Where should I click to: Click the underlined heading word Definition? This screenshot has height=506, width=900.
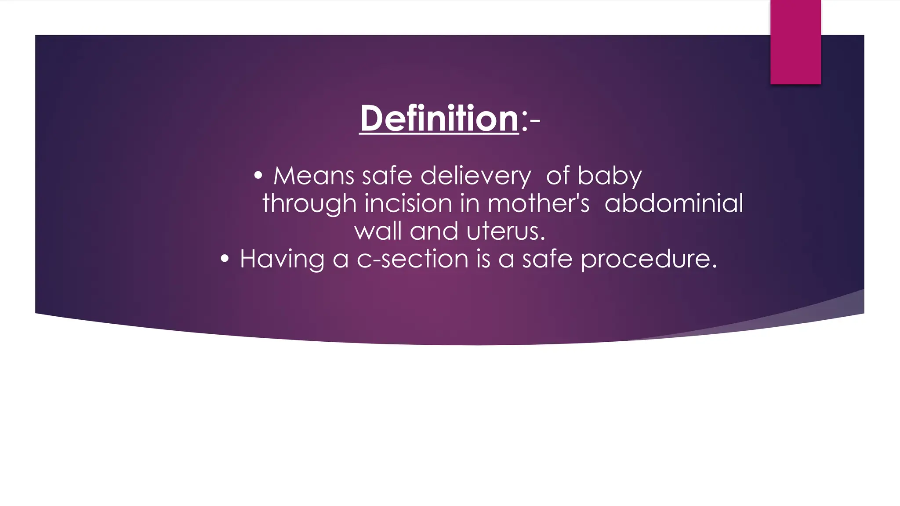click(439, 119)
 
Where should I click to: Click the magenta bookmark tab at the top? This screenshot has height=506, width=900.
click(795, 42)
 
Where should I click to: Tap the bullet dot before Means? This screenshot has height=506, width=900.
click(258, 176)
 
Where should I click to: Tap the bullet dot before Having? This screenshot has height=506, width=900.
click(225, 259)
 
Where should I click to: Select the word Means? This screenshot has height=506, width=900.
click(314, 176)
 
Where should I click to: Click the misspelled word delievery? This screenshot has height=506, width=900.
click(475, 177)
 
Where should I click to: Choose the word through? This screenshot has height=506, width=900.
click(309, 204)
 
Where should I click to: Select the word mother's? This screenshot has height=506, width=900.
click(538, 204)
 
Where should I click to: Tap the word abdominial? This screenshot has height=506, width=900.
click(674, 204)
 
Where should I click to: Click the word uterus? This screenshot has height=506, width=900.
click(505, 231)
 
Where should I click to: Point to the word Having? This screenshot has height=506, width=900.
click(282, 259)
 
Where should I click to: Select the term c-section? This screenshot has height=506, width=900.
click(413, 259)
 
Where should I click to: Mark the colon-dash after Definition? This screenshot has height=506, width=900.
click(530, 120)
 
